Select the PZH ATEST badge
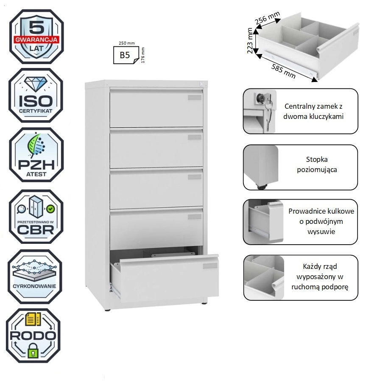[x=36, y=155]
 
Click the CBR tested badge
[x=36, y=217]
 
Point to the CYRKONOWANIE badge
[x=36, y=277]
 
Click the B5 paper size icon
[x=124, y=55]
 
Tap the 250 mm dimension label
[x=126, y=43]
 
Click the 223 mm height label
[x=250, y=41]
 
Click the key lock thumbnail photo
[x=260, y=111]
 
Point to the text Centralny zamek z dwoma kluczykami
[x=314, y=111]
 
